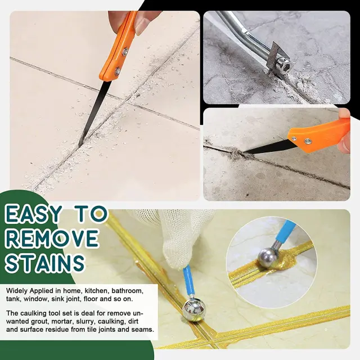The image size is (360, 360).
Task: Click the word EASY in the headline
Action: (x=34, y=214)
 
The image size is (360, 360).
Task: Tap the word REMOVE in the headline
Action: (x=52, y=238)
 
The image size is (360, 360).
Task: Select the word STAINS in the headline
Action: (x=45, y=263)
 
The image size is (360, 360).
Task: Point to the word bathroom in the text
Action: (x=128, y=291)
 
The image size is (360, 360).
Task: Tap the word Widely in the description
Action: (x=17, y=291)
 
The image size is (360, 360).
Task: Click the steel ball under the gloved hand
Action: (x=193, y=310)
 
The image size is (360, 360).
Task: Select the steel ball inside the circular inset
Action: (x=268, y=257)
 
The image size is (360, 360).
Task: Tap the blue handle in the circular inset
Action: (x=286, y=231)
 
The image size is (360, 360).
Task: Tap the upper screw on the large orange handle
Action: (x=125, y=52)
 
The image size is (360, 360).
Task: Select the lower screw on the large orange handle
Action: (x=118, y=71)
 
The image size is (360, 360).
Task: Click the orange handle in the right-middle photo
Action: (x=319, y=137)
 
